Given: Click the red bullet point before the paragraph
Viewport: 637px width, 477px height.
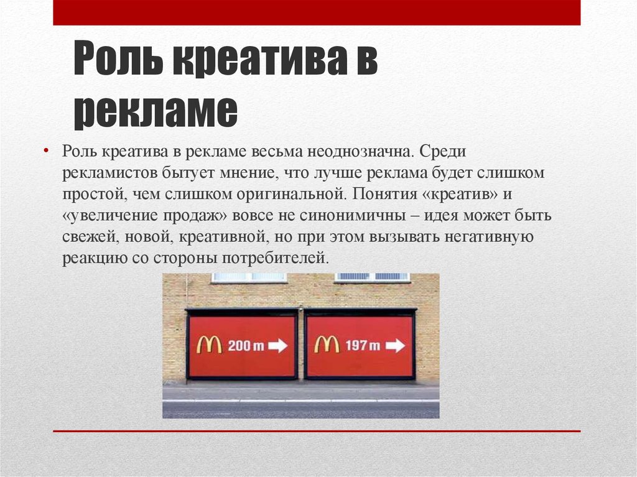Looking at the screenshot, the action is point(46,151).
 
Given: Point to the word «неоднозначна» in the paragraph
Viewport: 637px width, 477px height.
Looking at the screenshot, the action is point(360,151).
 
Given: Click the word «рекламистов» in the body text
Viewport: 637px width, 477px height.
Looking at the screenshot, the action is point(109,173).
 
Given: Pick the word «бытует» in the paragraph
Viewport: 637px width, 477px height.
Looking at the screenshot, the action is point(188,173).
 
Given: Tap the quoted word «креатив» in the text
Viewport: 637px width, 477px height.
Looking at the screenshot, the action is point(460,194).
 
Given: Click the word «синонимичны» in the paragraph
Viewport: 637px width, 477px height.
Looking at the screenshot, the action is point(353,215).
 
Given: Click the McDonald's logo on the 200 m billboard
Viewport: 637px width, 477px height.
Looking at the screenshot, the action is point(209,345).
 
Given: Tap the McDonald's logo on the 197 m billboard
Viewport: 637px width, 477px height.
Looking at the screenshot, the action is point(327,345).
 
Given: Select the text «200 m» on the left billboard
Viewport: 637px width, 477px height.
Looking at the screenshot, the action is point(246,346).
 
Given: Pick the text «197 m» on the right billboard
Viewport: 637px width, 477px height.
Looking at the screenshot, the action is point(363,346).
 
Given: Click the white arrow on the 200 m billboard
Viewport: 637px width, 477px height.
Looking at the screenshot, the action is point(278,346).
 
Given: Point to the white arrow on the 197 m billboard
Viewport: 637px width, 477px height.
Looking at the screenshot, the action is point(395,345).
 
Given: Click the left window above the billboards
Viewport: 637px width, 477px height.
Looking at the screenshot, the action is point(249,277).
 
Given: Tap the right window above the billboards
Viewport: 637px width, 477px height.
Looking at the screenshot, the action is point(373,277).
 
